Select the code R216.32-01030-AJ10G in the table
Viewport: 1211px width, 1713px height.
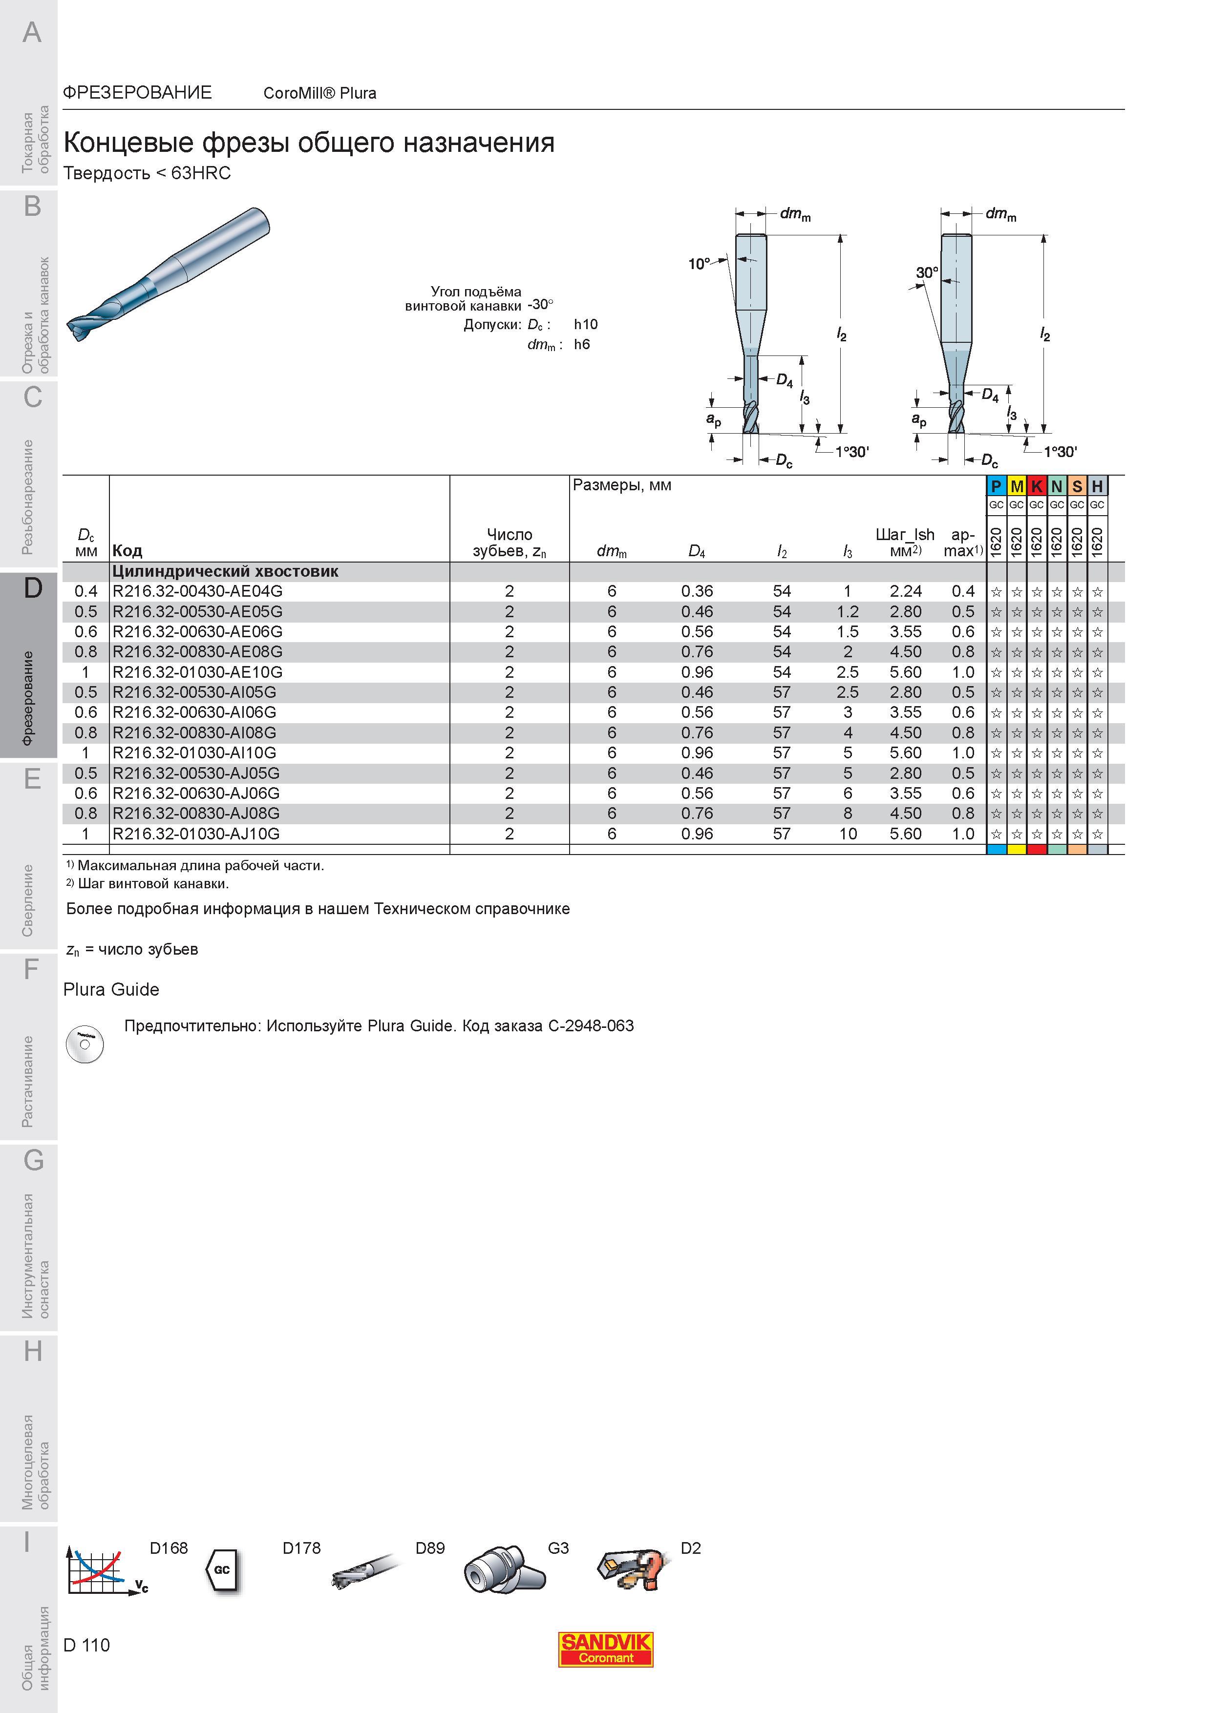(196, 834)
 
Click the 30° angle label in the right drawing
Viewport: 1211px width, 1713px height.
(927, 273)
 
